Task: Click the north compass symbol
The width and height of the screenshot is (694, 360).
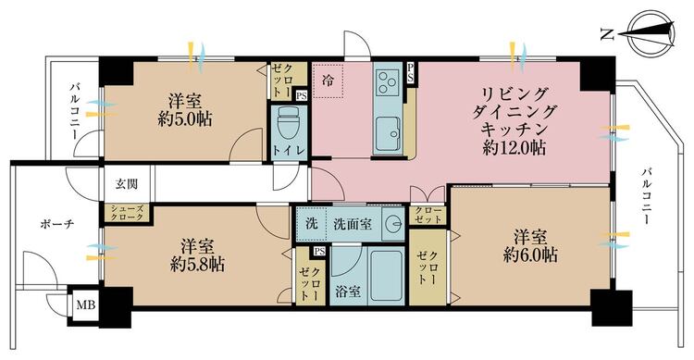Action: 651,32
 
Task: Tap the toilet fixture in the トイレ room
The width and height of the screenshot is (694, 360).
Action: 289,125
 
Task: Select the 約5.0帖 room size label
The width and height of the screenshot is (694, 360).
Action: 185,118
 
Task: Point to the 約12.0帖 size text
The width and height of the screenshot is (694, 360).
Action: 514,148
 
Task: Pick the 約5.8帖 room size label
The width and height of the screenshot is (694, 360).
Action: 197,265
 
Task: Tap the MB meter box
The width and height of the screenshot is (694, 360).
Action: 85,305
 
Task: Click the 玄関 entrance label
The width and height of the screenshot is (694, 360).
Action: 127,184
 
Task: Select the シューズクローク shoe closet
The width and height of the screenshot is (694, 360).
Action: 127,213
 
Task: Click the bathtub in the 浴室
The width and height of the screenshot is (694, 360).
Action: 386,276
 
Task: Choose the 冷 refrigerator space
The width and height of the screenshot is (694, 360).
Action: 328,81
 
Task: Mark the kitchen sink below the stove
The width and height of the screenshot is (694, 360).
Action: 388,134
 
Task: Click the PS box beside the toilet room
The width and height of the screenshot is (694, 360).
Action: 302,95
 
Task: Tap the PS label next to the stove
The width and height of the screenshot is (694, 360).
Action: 411,72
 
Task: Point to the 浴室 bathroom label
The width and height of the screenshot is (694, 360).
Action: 347,292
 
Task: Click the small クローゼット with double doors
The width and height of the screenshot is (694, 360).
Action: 428,216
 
